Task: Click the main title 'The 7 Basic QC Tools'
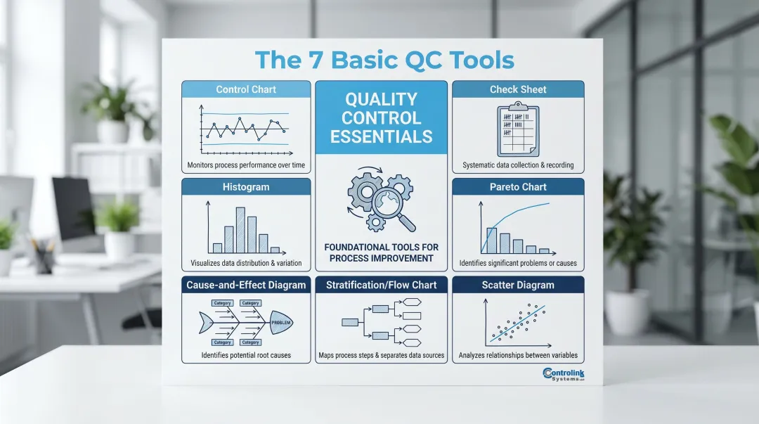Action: pyautogui.click(x=384, y=60)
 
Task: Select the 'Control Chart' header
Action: pyautogui.click(x=246, y=89)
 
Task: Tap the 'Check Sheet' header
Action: pyautogui.click(x=518, y=89)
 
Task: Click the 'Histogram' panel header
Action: pyautogui.click(x=246, y=187)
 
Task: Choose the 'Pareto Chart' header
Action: pyautogui.click(x=518, y=187)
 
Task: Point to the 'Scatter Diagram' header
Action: pyautogui.click(x=518, y=285)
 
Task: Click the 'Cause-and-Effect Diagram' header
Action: pyautogui.click(x=246, y=285)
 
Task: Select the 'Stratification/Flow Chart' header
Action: pyautogui.click(x=382, y=285)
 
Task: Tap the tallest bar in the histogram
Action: pyautogui.click(x=240, y=230)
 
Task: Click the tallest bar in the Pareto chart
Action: pyautogui.click(x=492, y=240)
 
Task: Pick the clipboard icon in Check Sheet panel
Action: pyautogui.click(x=517, y=131)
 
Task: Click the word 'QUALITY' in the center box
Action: pyautogui.click(x=382, y=99)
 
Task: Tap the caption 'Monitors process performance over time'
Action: pyautogui.click(x=246, y=165)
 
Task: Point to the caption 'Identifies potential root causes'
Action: pyautogui.click(x=246, y=355)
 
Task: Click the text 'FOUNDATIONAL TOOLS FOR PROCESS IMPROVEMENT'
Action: pyautogui.click(x=382, y=252)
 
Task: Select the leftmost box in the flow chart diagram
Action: pyautogui.click(x=350, y=322)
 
